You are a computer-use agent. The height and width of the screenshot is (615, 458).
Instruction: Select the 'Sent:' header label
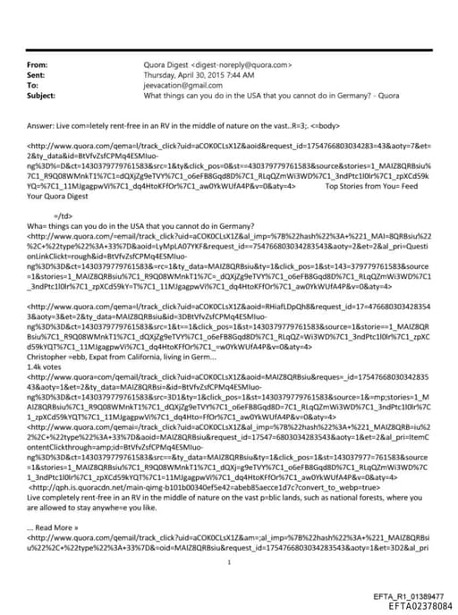[x=38, y=75]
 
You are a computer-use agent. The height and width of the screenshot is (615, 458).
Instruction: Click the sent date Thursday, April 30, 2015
[x=191, y=75]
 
